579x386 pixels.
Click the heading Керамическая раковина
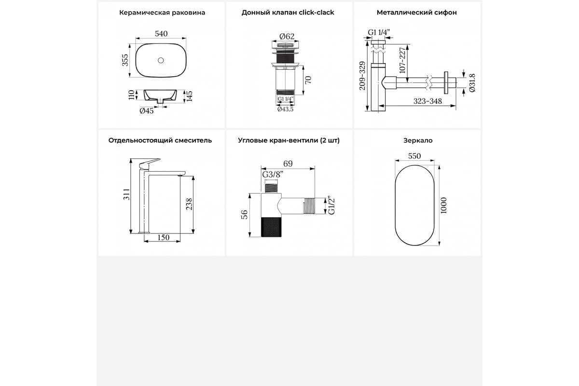click(x=162, y=13)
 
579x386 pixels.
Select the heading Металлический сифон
click(x=417, y=13)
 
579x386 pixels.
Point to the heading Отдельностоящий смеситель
click(x=160, y=140)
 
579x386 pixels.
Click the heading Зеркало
click(x=418, y=140)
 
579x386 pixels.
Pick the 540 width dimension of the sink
click(x=161, y=34)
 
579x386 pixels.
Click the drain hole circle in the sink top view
click(x=161, y=60)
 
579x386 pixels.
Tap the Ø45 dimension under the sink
click(x=147, y=111)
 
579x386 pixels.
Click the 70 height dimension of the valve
click(x=309, y=79)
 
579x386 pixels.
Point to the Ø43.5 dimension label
click(x=286, y=109)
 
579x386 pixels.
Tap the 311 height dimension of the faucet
click(x=126, y=195)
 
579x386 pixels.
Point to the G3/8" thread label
click(x=273, y=175)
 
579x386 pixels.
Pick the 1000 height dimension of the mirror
click(x=444, y=206)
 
